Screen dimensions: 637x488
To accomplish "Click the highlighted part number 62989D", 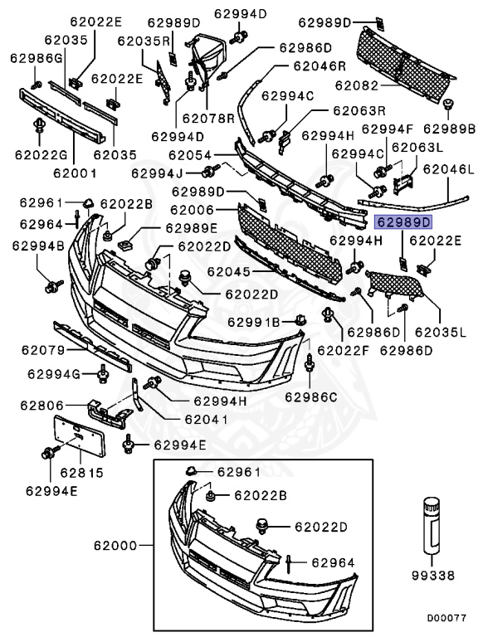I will [404, 222].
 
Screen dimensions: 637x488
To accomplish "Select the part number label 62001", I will [75, 173].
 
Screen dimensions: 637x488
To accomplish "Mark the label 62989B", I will [449, 129].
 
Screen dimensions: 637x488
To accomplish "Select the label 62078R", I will [208, 119].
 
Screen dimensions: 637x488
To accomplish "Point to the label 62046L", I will [448, 169].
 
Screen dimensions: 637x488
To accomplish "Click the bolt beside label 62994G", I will [103, 376].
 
